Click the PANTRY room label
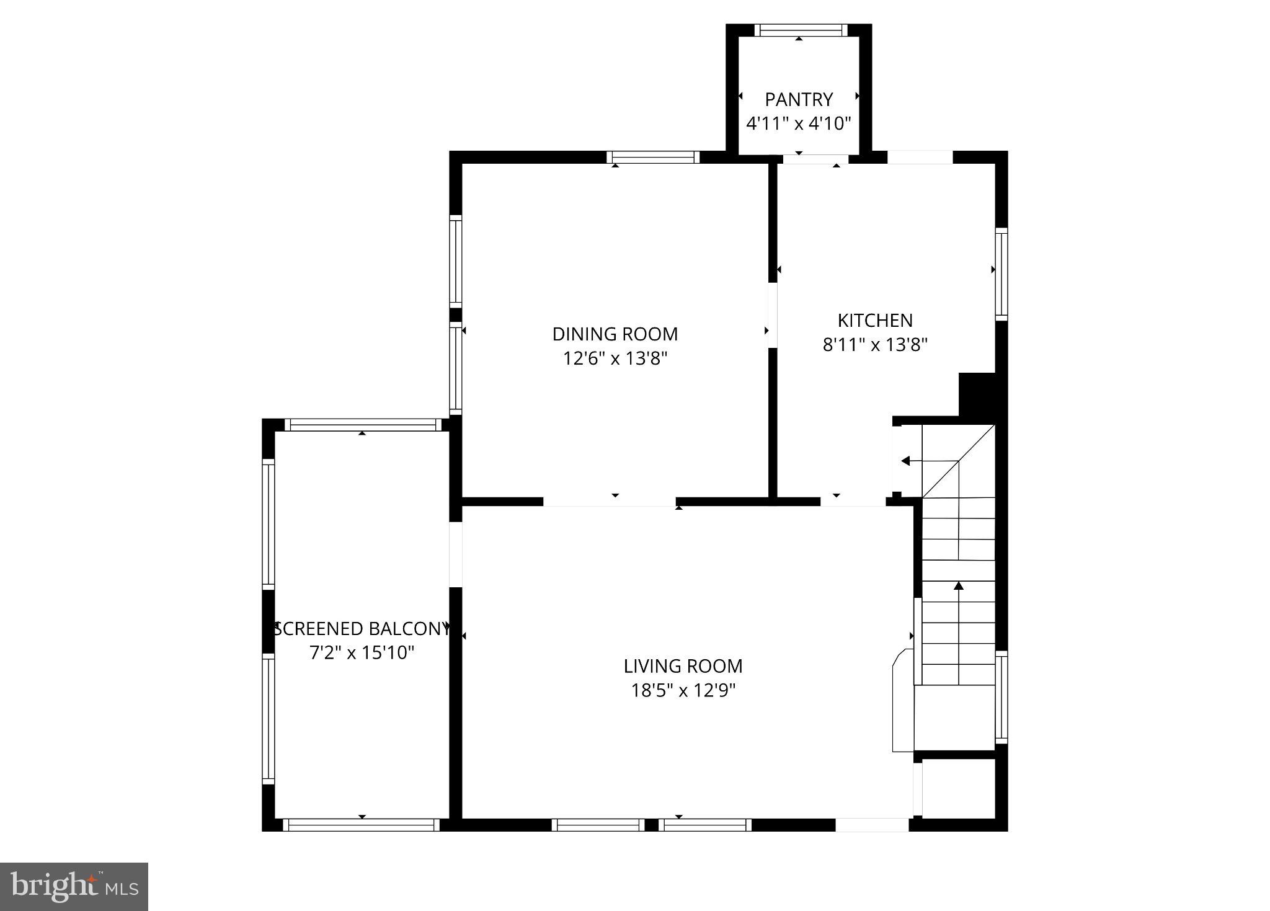coord(798,99)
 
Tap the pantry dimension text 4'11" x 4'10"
coord(798,123)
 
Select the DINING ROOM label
coord(615,334)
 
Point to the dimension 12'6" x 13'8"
coord(615,358)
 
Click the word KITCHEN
coord(875,321)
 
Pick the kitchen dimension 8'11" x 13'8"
coord(875,345)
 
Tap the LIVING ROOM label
coord(683,666)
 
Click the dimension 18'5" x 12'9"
coord(683,690)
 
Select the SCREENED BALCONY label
coord(362,629)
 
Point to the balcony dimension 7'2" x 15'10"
coord(362,652)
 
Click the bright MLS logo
coord(74,886)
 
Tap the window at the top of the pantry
coord(801,30)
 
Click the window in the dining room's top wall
coord(653,158)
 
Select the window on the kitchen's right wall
coord(1001,273)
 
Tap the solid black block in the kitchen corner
coord(977,394)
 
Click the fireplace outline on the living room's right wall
coord(902,701)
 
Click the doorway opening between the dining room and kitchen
coord(773,315)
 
